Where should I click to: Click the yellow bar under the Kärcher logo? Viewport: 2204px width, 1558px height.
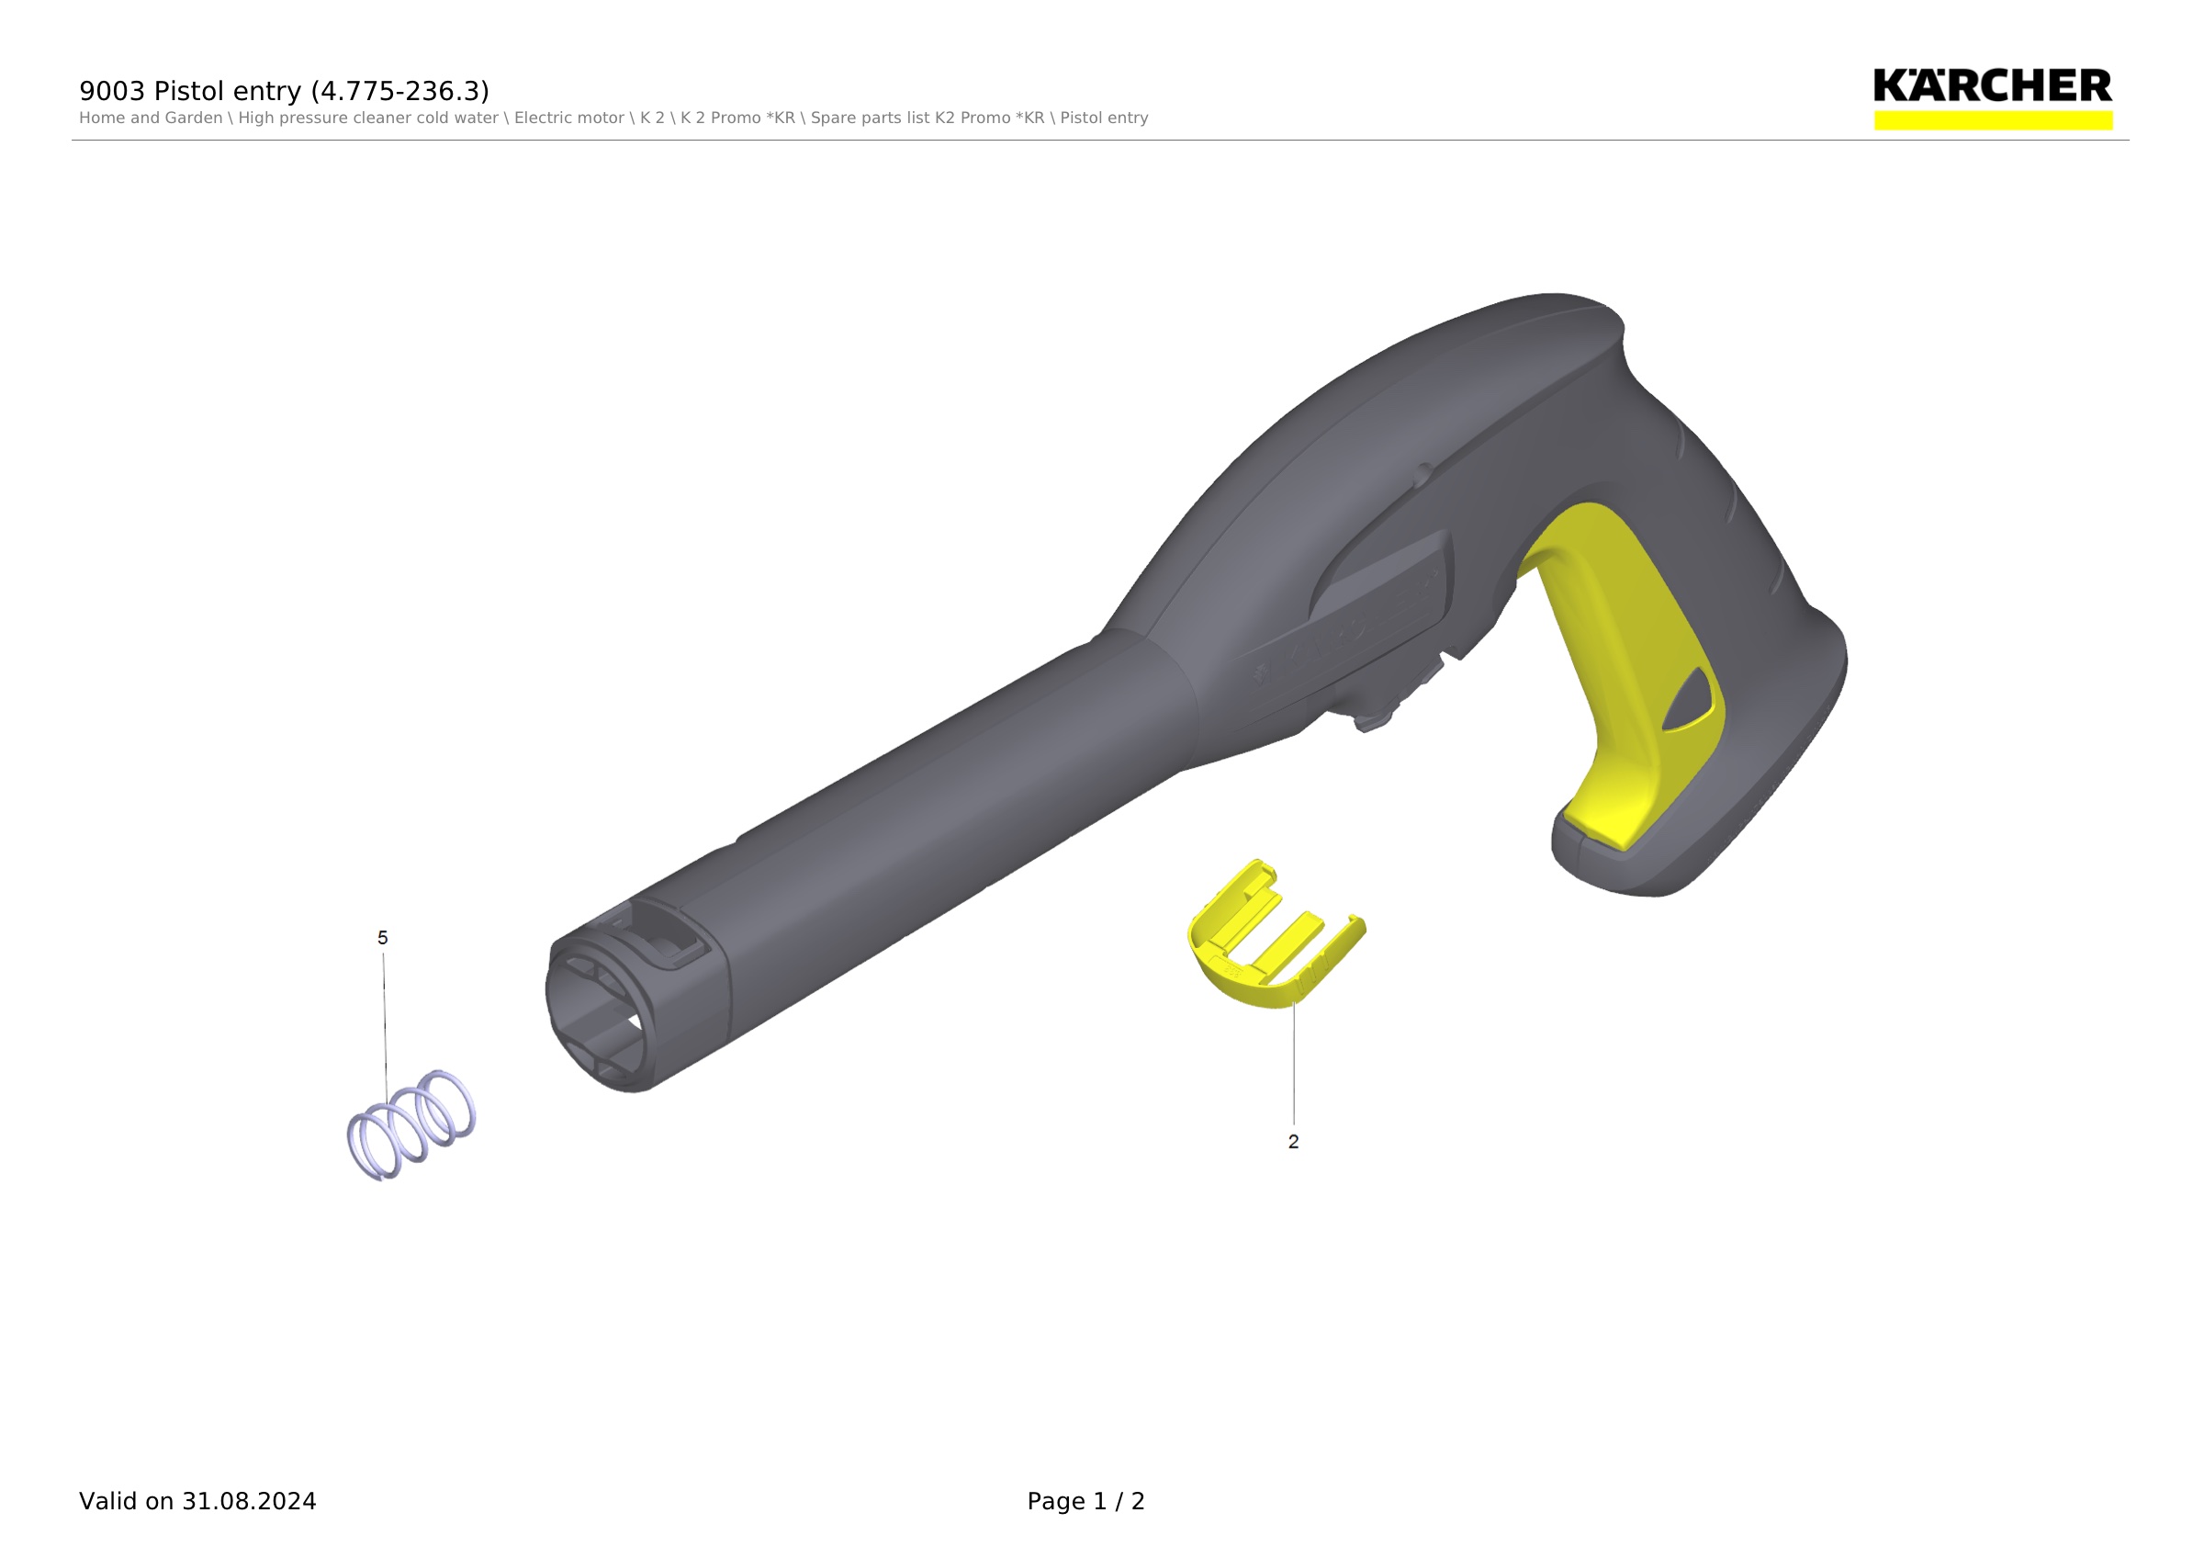[1993, 120]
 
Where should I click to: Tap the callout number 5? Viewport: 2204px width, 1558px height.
[383, 938]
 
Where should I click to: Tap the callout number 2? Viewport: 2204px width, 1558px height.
[1293, 1143]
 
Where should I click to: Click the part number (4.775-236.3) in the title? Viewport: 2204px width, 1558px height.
[400, 91]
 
